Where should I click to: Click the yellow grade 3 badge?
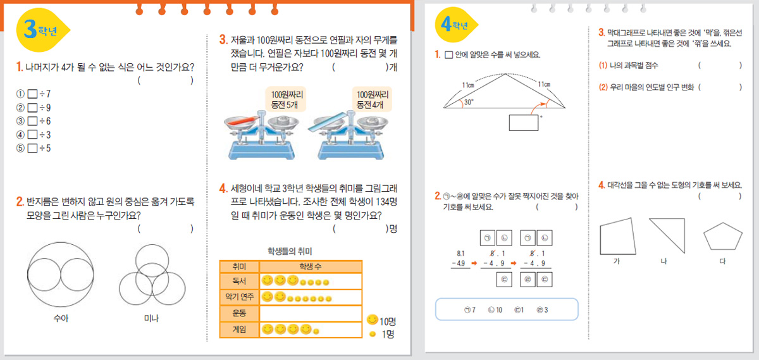click(x=42, y=30)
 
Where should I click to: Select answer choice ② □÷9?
click(x=34, y=108)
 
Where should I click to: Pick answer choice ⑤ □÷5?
click(x=34, y=148)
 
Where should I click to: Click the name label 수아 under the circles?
click(x=61, y=318)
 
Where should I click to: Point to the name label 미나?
click(x=151, y=318)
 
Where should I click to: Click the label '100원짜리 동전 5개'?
click(x=287, y=99)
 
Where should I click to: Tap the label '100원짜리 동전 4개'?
click(x=372, y=99)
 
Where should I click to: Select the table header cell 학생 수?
click(x=311, y=266)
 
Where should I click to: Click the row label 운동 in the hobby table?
click(x=239, y=313)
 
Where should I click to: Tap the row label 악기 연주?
click(x=239, y=297)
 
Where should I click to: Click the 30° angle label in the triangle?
click(x=469, y=102)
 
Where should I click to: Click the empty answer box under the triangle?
click(x=524, y=123)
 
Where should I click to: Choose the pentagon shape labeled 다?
click(x=723, y=236)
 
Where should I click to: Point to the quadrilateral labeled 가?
click(x=617, y=236)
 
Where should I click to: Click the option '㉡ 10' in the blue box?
click(x=495, y=310)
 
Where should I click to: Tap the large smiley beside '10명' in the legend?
click(x=372, y=320)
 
